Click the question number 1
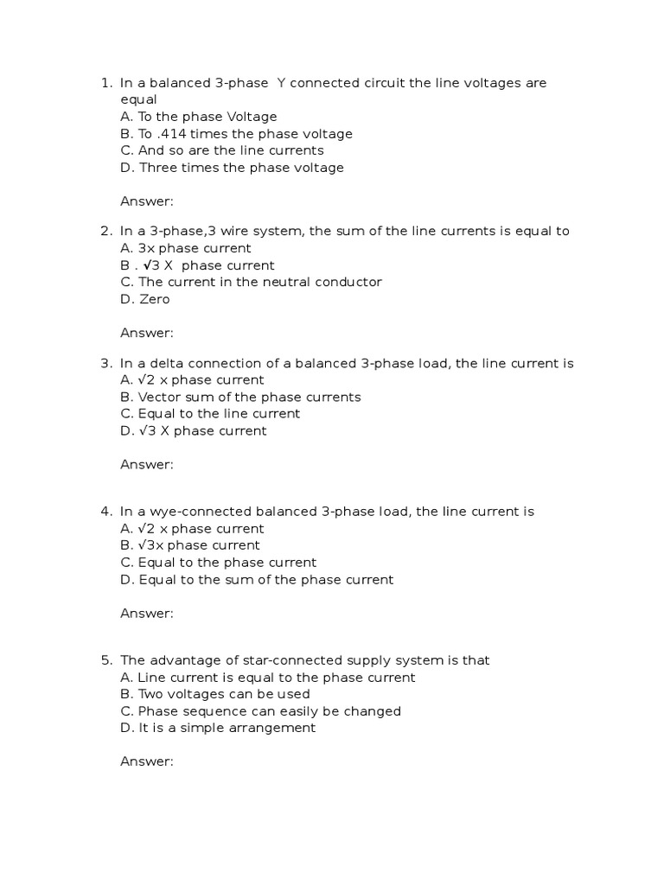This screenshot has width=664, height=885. coord(105,83)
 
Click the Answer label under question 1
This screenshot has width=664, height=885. coord(147,201)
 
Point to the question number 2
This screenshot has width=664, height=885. coord(105,232)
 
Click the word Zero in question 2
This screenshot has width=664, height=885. coord(154,299)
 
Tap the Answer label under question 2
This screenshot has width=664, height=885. coord(147,333)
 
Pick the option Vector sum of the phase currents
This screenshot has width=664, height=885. coord(240,398)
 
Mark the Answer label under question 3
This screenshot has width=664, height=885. coord(147,465)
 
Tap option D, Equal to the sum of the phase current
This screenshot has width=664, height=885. coord(257,580)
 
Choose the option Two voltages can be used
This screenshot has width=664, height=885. coord(214,694)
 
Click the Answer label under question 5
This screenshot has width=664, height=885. coord(147,761)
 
